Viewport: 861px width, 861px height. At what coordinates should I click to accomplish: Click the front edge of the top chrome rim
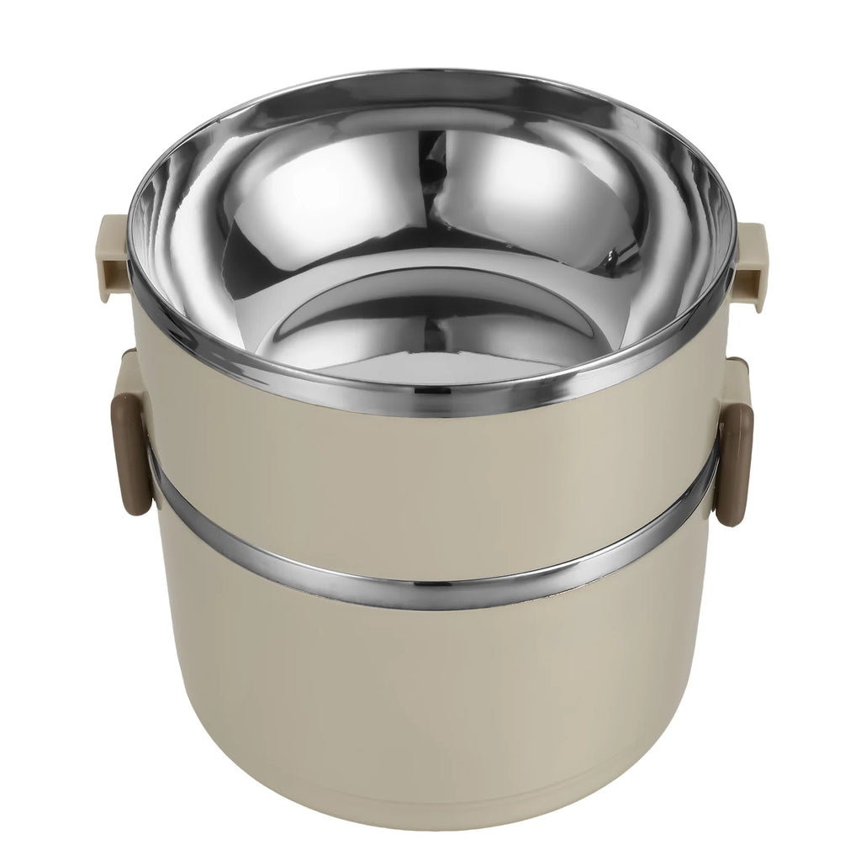(430, 402)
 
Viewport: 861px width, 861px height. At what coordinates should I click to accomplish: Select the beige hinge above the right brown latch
(737, 370)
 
